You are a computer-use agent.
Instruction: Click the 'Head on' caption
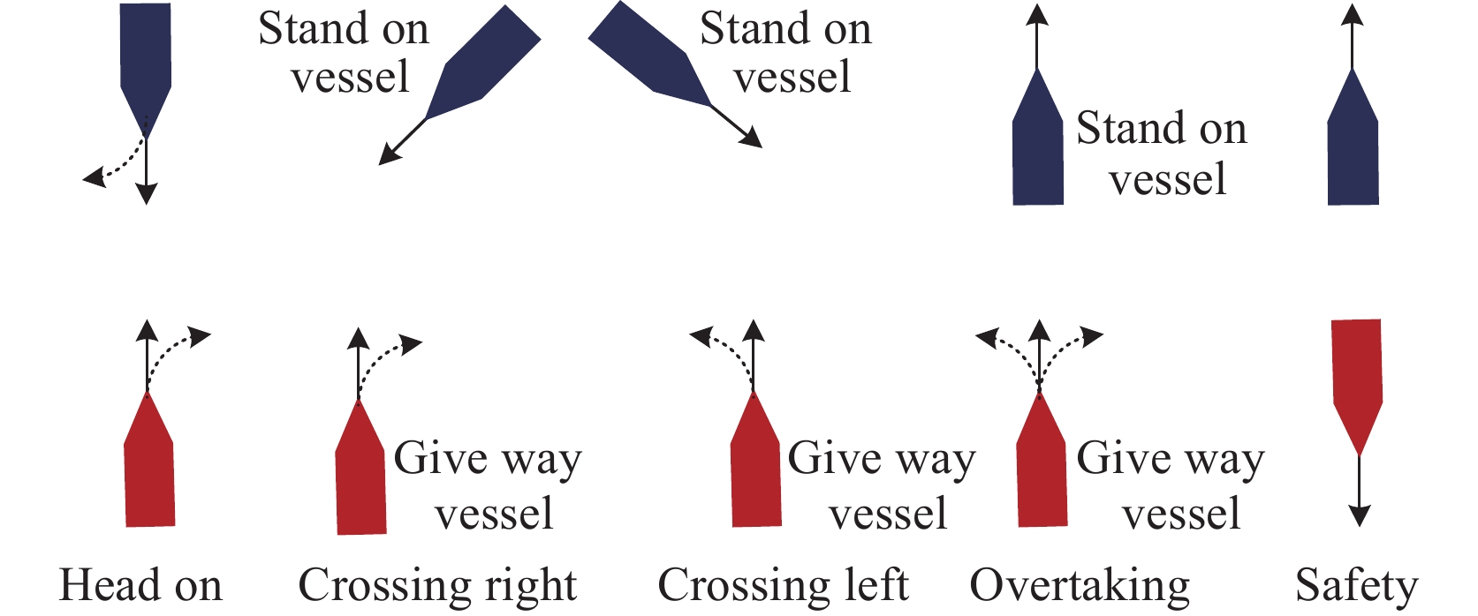pos(140,585)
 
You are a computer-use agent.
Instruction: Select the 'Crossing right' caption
pos(437,585)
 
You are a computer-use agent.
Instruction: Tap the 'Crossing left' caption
pos(783,585)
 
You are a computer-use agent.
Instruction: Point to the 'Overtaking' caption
pos(1080,585)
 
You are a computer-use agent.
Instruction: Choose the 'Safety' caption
pos(1356,585)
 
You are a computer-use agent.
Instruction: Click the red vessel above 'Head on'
pos(148,468)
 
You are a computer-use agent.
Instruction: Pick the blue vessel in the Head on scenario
pos(146,62)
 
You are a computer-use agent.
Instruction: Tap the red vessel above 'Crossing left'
pos(755,468)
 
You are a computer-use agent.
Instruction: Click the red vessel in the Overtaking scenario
pos(1042,468)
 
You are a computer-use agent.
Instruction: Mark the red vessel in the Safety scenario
pos(1356,379)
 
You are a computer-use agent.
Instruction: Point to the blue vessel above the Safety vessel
pos(1353,146)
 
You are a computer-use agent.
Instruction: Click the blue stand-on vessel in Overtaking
pos(1037,146)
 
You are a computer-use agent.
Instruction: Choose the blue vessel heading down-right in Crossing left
pos(654,57)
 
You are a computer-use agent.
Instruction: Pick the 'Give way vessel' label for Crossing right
pos(489,485)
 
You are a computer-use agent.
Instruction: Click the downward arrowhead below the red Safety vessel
pos(1360,516)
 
